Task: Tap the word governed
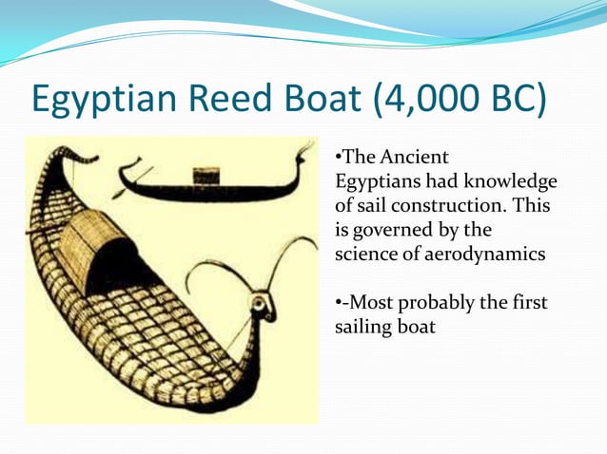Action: point(392,231)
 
